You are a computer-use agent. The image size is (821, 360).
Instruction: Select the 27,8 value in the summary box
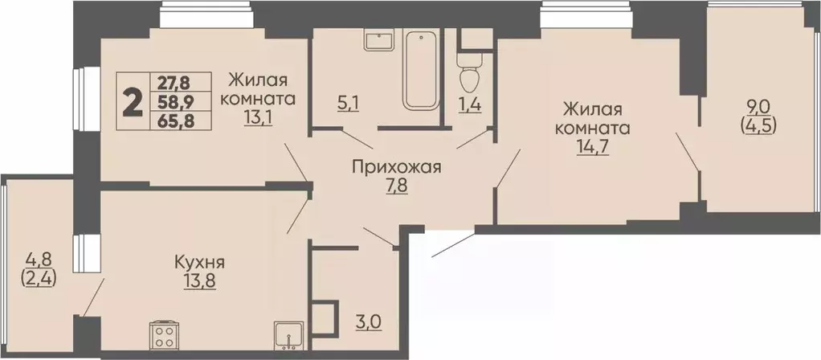175,82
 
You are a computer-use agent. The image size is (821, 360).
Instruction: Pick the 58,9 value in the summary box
175,101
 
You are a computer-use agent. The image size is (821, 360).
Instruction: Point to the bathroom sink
376,40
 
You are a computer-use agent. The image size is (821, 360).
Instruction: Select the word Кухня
198,262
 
